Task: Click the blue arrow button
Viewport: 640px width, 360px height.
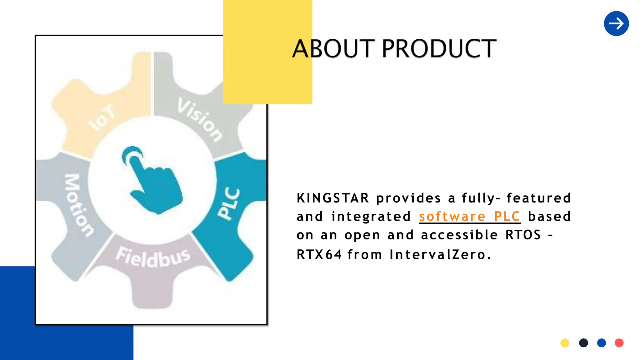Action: click(616, 23)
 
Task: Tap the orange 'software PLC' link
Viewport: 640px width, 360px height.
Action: click(469, 217)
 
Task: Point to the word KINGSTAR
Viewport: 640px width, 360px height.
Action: click(333, 198)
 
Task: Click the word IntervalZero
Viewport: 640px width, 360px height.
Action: click(440, 254)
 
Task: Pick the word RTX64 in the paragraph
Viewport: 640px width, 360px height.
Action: click(319, 254)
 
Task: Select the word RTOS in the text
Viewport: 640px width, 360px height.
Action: click(523, 235)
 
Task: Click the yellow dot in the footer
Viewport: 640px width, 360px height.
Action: click(565, 343)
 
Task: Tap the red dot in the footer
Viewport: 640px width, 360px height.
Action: click(619, 343)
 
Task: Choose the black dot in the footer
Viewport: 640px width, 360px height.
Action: click(583, 343)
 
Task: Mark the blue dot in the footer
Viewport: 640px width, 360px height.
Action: click(602, 343)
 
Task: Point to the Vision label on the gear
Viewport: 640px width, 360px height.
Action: click(200, 119)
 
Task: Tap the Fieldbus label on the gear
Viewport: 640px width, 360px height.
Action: click(153, 257)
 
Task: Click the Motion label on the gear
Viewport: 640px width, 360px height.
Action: click(78, 205)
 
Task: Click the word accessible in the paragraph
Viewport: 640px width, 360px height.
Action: click(459, 235)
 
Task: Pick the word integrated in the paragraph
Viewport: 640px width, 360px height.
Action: click(371, 217)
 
